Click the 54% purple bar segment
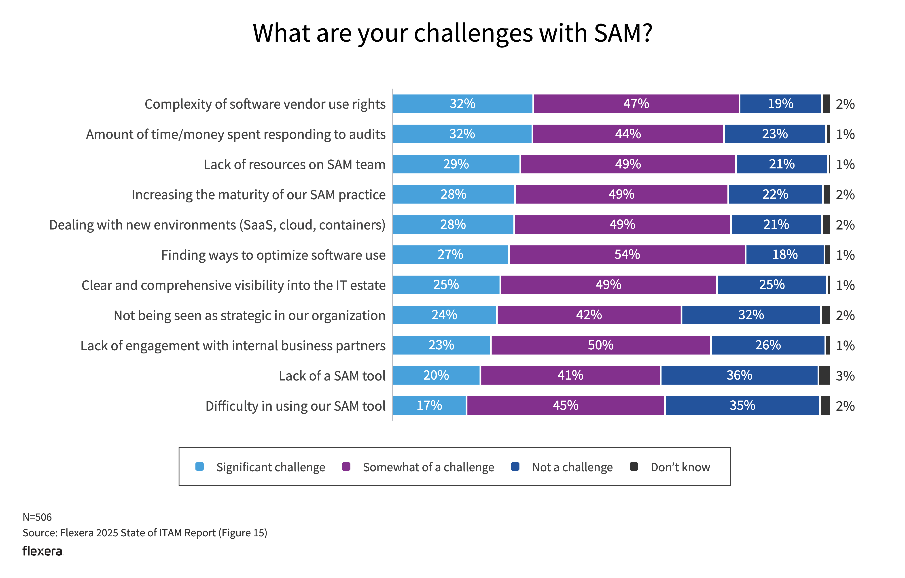pyautogui.click(x=627, y=255)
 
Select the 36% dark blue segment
pyautogui.click(x=739, y=375)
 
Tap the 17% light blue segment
pyautogui.click(x=429, y=406)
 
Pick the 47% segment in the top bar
pyautogui.click(x=636, y=104)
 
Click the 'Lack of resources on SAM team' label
pyautogui.click(x=294, y=165)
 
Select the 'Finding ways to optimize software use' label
pyautogui.click(x=273, y=255)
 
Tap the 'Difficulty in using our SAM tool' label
pyautogui.click(x=295, y=406)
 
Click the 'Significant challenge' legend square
pyautogui.click(x=199, y=467)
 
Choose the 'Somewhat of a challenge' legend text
pyautogui.click(x=428, y=467)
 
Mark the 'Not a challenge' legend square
pyautogui.click(x=515, y=467)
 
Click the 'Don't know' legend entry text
pyautogui.click(x=680, y=467)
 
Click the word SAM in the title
pyautogui.click(x=618, y=33)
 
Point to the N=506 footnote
pyautogui.click(x=37, y=517)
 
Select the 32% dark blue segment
pyautogui.click(x=751, y=315)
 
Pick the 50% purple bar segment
pyautogui.click(x=601, y=345)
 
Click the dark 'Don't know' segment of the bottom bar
pyautogui.click(x=825, y=406)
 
